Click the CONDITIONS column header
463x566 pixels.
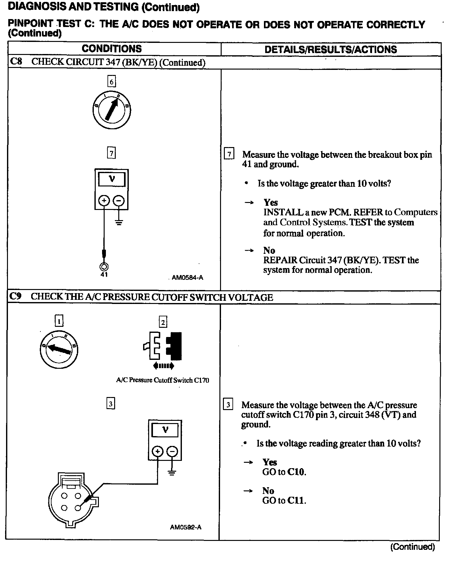pyautogui.click(x=112, y=49)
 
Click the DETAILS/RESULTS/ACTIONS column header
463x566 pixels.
pyautogui.click(x=331, y=50)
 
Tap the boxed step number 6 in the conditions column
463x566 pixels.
pyautogui.click(x=111, y=82)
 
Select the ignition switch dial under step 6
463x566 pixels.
pyautogui.click(x=112, y=110)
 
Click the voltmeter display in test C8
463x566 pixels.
pyautogui.click(x=112, y=179)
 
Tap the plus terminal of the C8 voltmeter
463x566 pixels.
pyautogui.click(x=104, y=200)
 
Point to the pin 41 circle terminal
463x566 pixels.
pyautogui.click(x=104, y=266)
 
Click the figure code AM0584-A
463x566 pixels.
pyautogui.click(x=187, y=278)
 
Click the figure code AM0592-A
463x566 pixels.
pyautogui.click(x=186, y=527)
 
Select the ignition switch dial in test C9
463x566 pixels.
pyautogui.click(x=59, y=350)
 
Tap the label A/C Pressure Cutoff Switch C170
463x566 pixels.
pyautogui.click(x=162, y=380)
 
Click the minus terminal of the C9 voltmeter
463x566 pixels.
pyautogui.click(x=172, y=451)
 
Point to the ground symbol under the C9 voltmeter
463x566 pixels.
pyautogui.click(x=172, y=472)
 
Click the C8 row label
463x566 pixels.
pyautogui.click(x=16, y=62)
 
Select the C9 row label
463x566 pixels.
pyautogui.click(x=15, y=297)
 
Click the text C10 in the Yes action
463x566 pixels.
pyautogui.click(x=296, y=472)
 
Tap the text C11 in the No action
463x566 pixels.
pyautogui.click(x=296, y=501)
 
